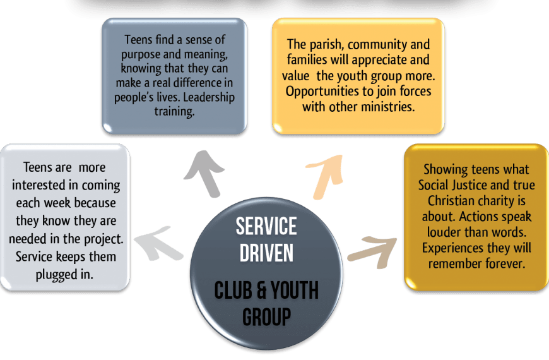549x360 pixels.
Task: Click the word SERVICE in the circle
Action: [x=266, y=225]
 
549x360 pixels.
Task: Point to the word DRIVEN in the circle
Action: [x=266, y=253]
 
